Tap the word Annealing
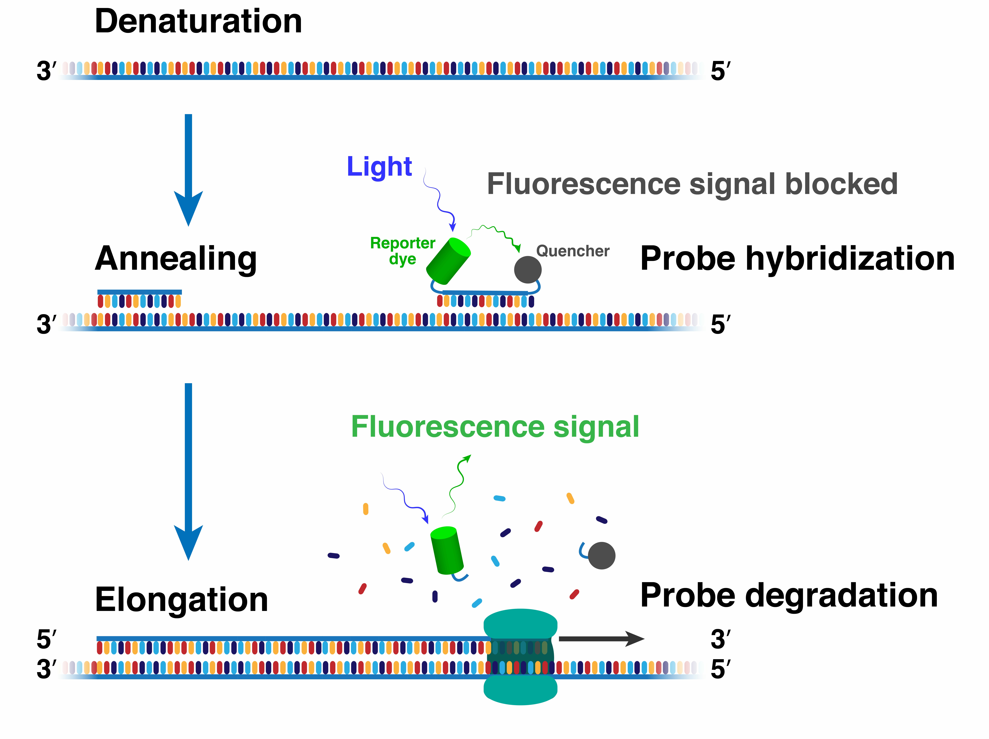(176, 259)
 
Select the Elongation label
(182, 600)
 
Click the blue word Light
(379, 167)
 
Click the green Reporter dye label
(402, 251)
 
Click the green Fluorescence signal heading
(495, 427)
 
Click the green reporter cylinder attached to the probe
(448, 261)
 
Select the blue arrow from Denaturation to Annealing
(188, 170)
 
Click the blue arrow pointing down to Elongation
(188, 472)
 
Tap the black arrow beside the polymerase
(601, 639)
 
